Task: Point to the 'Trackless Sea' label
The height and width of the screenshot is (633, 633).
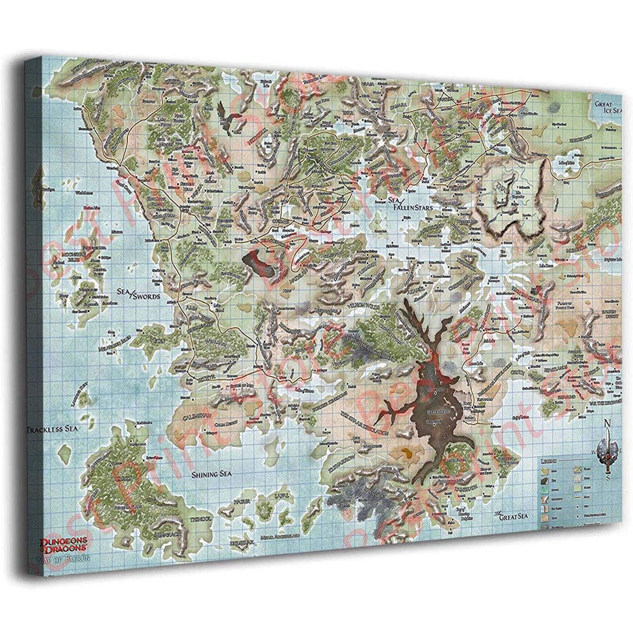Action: click(x=52, y=430)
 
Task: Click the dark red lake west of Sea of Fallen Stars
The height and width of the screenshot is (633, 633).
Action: click(x=260, y=261)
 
